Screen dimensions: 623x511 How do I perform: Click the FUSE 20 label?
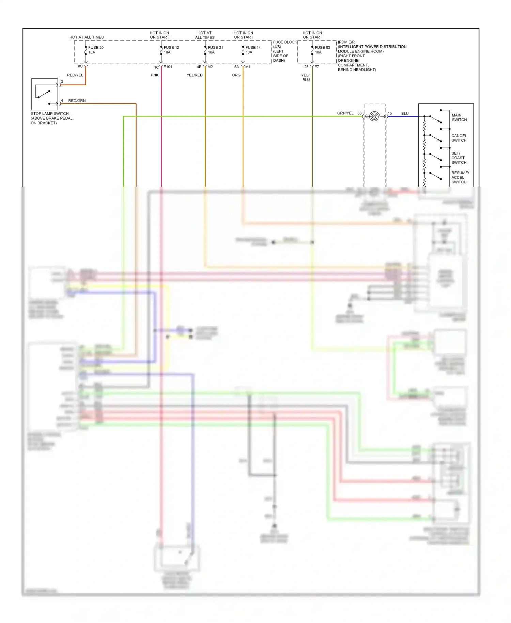pos(96,48)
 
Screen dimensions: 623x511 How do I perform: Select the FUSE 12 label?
pos(171,48)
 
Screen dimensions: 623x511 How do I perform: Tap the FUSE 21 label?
pos(215,48)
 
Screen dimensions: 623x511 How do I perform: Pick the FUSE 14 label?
pos(253,48)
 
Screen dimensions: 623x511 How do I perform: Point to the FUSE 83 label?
pos(322,48)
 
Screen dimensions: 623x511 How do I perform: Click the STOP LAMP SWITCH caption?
pos(50,114)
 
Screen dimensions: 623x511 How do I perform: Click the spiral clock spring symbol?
pos(374,117)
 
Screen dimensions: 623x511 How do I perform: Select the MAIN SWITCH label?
pos(459,118)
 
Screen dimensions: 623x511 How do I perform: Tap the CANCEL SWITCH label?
pos(459,138)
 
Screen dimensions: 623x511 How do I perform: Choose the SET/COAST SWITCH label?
pos(459,158)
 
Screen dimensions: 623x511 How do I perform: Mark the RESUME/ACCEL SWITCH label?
pos(460,178)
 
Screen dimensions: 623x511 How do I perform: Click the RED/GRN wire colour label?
pos(77,101)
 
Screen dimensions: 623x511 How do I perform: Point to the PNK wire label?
pos(155,75)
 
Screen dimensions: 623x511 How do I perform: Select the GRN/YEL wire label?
pos(345,113)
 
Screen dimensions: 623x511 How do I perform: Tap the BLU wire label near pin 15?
pos(405,113)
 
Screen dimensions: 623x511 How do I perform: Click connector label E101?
pos(168,67)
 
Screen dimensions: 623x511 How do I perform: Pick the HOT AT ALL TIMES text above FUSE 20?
pos(87,37)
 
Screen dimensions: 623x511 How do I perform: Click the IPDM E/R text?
pos(346,42)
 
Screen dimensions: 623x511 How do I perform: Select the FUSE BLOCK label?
pos(285,42)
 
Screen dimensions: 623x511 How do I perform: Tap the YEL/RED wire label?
pos(195,75)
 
